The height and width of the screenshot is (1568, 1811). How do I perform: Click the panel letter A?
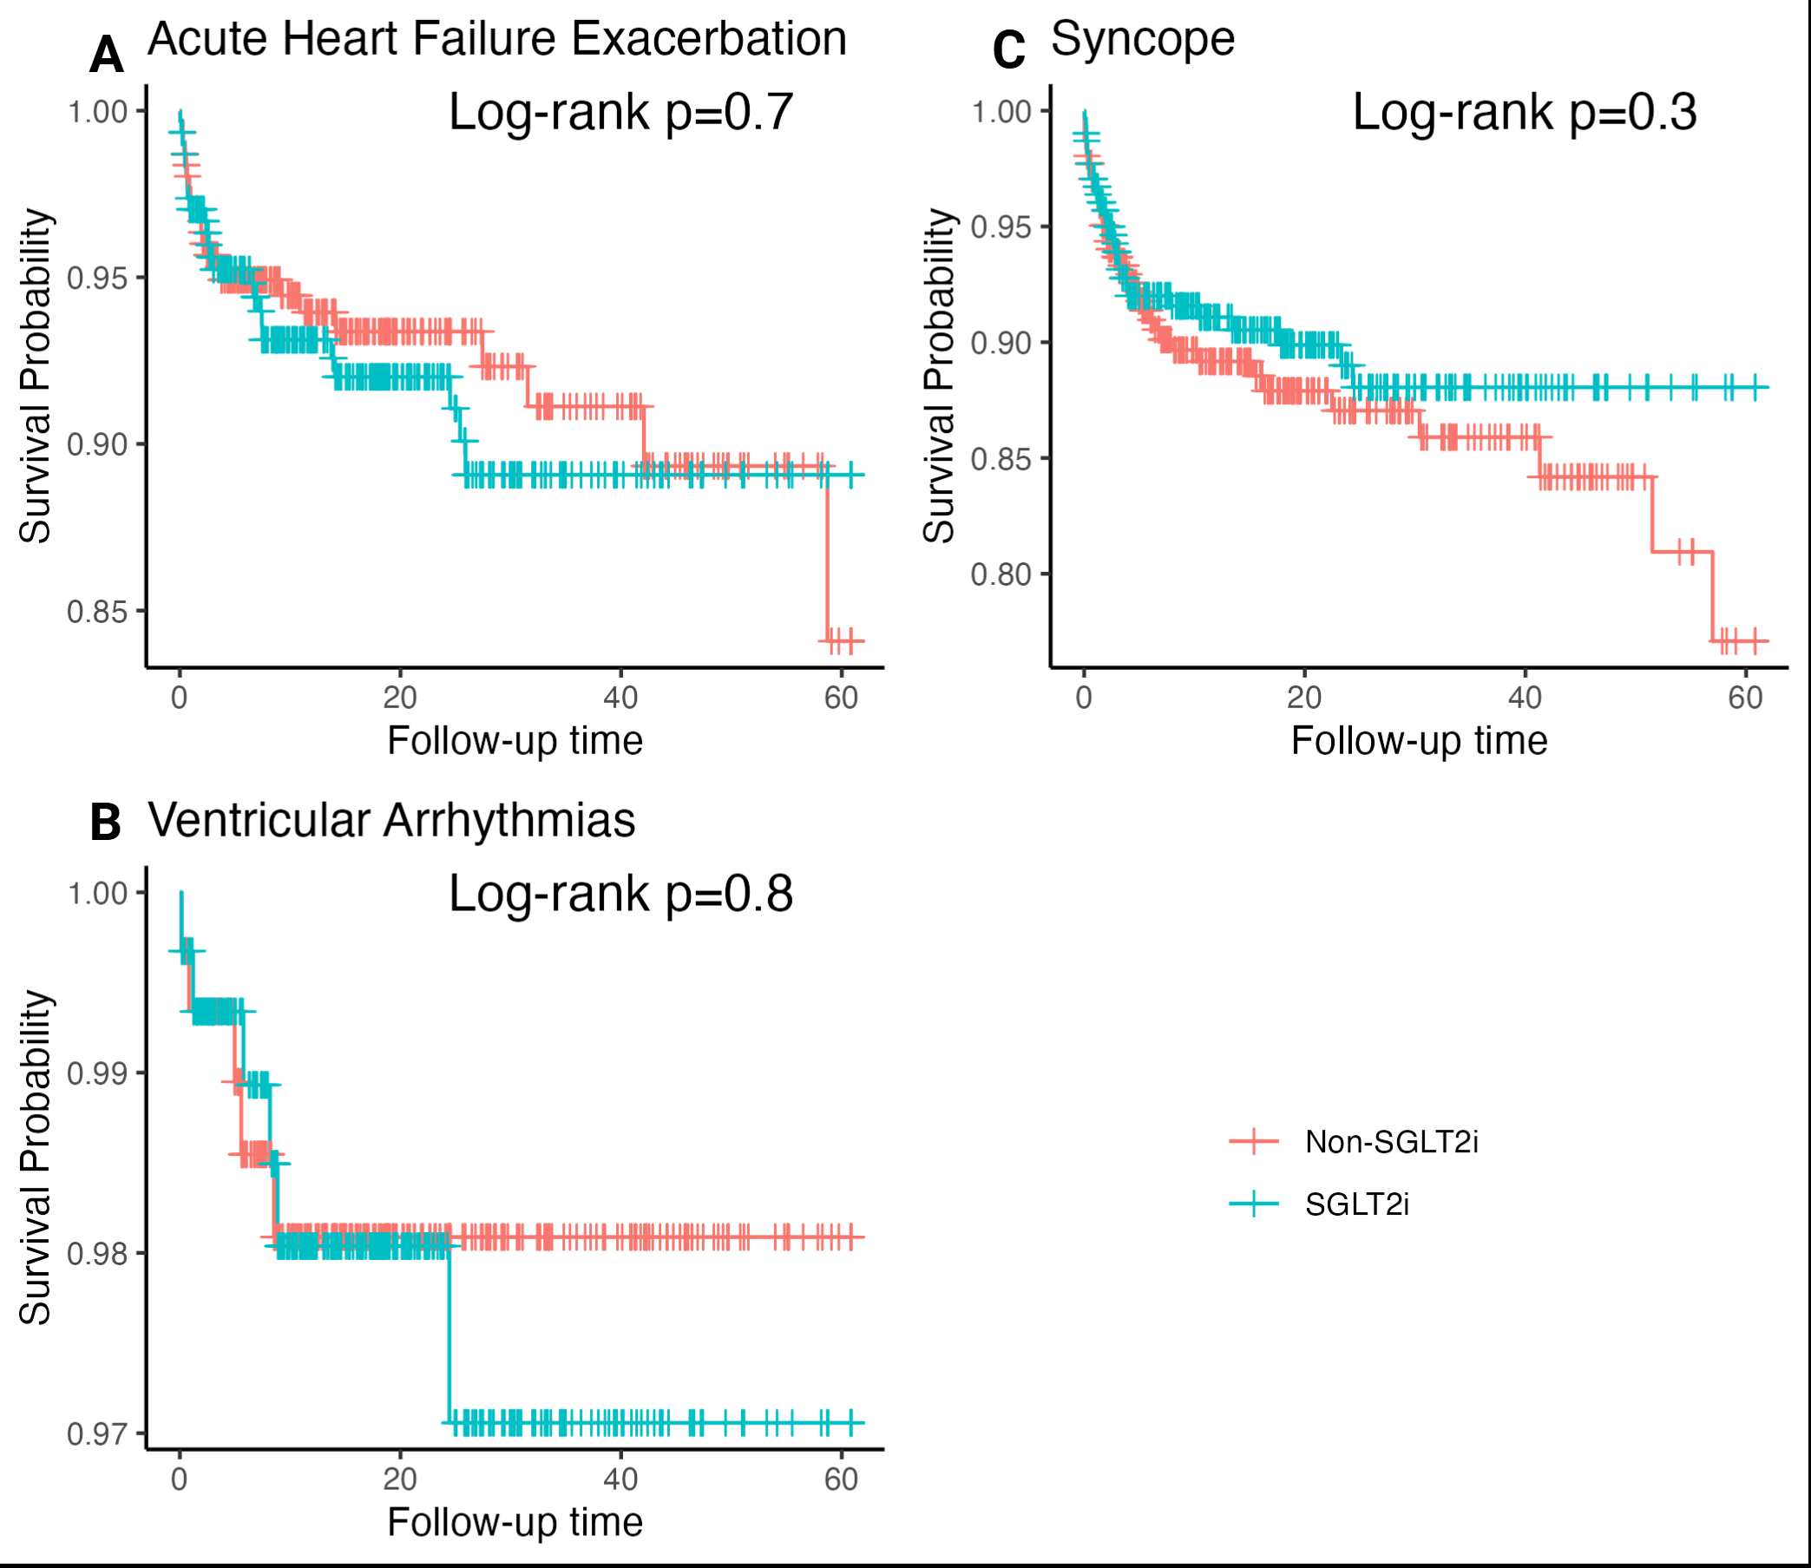pos(106,56)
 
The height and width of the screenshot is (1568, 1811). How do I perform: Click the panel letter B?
pos(105,823)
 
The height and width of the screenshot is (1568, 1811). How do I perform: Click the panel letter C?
pos(1007,50)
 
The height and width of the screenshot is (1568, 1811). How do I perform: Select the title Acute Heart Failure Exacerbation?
pos(497,39)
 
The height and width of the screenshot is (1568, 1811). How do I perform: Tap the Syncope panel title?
pos(1143,39)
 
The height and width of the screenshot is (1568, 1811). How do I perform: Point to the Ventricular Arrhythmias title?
pos(391,821)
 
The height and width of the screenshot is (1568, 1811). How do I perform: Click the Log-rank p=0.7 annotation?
pos(620,112)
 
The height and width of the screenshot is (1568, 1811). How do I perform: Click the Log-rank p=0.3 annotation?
pos(1524,112)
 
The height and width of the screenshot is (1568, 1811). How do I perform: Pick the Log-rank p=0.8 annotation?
pos(620,895)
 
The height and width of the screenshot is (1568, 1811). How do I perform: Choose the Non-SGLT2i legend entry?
pos(1391,1142)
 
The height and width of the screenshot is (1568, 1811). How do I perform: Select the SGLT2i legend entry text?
pos(1357,1205)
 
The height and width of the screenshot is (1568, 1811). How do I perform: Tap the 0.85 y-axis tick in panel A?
pos(97,612)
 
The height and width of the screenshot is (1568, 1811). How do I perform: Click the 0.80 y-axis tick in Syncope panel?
pos(1001,574)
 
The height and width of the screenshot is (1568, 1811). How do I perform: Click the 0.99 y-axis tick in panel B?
pos(97,1073)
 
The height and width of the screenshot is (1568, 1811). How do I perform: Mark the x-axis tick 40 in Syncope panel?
pos(1525,698)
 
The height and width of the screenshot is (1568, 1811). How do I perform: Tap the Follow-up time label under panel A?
pos(515,741)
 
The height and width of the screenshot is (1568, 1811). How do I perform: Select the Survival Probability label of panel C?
pos(940,377)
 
